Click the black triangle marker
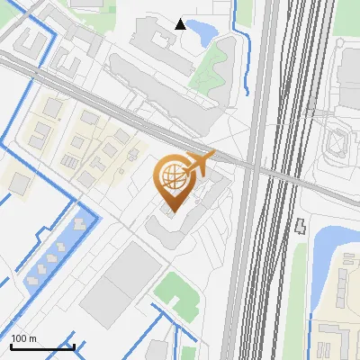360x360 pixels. [181, 24]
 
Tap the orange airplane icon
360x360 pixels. [199, 163]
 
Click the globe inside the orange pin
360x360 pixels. [171, 177]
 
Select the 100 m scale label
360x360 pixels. [23, 338]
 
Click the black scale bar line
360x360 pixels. [41, 346]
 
